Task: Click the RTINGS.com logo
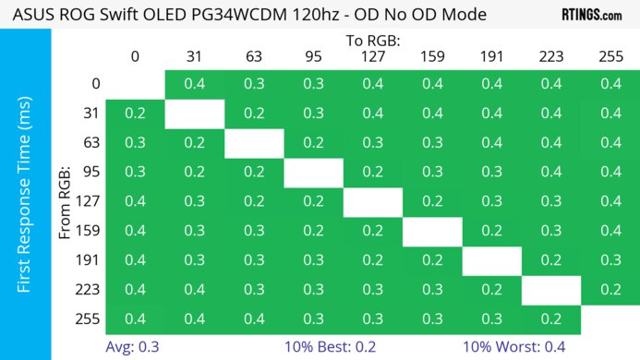pos(591,15)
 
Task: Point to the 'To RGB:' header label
pos(373,41)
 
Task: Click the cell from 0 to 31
pos(194,84)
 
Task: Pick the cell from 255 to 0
pos(135,318)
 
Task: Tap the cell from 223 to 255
pos(610,289)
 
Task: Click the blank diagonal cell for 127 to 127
pos(373,201)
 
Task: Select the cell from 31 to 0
pos(135,114)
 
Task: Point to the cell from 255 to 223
pos(551,318)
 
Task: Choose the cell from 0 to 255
pos(610,84)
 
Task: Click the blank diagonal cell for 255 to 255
pos(610,318)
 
